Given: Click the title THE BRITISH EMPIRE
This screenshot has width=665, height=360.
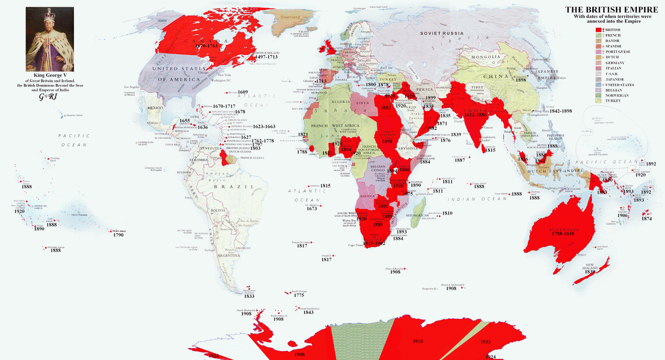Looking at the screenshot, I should click(x=611, y=10).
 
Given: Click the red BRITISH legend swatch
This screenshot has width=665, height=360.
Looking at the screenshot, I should click(x=598, y=30).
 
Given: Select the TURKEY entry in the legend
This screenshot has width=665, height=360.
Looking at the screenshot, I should click(x=613, y=101).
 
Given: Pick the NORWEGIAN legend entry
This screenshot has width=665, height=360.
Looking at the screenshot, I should click(x=617, y=96).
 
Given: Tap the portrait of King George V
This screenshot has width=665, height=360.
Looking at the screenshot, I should click(x=50, y=39).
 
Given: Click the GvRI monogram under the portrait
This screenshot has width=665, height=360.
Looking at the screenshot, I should click(x=48, y=97).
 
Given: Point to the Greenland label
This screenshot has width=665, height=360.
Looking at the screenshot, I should click(x=290, y=17).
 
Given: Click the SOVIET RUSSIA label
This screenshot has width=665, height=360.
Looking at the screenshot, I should click(x=442, y=33).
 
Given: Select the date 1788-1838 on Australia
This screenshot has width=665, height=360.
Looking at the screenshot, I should click(x=563, y=234).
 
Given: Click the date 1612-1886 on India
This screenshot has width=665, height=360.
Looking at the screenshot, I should click(x=475, y=115).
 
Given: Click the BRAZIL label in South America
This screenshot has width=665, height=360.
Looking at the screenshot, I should click(x=234, y=187).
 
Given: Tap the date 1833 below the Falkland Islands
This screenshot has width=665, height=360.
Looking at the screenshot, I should click(x=249, y=296).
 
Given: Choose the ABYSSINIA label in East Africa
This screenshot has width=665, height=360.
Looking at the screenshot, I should click(x=408, y=148).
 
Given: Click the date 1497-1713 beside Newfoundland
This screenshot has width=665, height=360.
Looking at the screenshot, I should click(x=266, y=57).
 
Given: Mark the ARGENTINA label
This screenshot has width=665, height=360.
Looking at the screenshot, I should click(x=229, y=256).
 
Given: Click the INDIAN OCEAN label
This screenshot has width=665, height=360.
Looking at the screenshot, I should click(x=477, y=199).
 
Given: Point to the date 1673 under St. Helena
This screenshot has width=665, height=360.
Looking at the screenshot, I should click(x=312, y=209).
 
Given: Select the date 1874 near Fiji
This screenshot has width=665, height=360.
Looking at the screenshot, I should click(x=647, y=219).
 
